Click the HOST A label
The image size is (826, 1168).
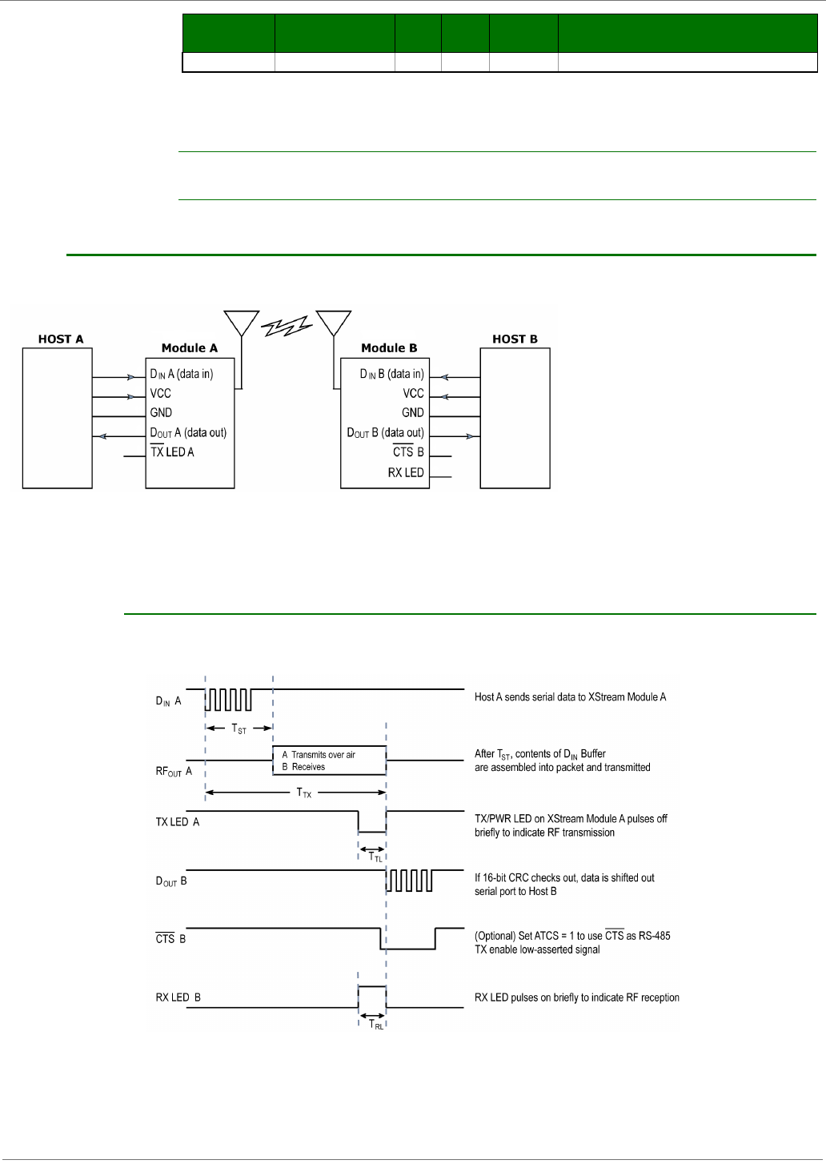tap(61, 339)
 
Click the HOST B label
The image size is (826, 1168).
tap(515, 339)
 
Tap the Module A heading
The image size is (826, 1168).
tap(189, 348)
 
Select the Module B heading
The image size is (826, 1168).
tap(389, 348)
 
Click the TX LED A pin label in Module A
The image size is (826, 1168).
tap(172, 452)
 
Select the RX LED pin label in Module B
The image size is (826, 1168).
tap(406, 472)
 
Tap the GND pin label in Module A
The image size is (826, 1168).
tap(161, 412)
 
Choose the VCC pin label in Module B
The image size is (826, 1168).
tap(413, 393)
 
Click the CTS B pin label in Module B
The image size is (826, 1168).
tap(408, 452)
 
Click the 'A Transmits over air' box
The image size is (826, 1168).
tap(329, 761)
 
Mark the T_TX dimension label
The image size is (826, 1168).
tap(304, 793)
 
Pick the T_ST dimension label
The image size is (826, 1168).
tap(239, 729)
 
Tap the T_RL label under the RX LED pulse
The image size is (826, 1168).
tap(375, 1024)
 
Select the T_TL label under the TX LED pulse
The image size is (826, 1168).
tap(375, 857)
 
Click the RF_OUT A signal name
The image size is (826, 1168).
tap(174, 772)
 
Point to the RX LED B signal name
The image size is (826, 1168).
tap(178, 997)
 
